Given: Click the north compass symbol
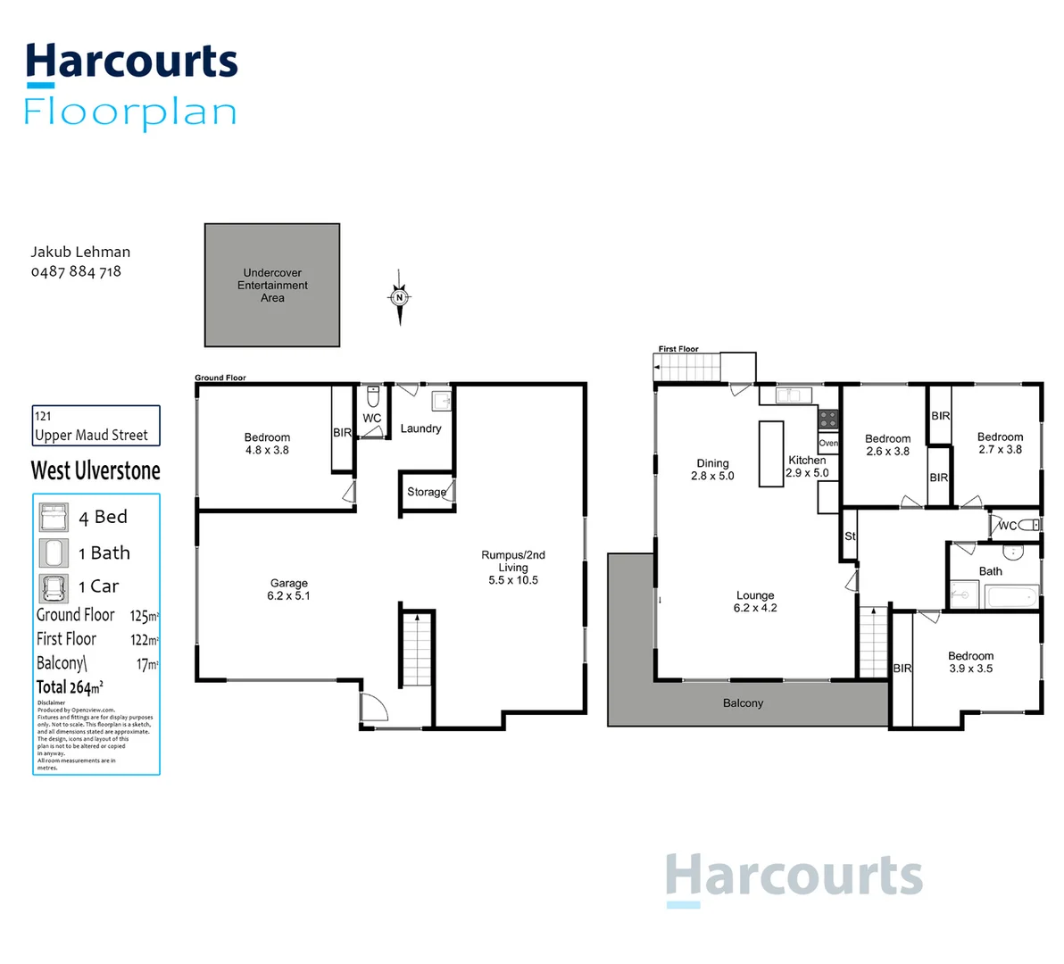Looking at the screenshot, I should [x=400, y=297].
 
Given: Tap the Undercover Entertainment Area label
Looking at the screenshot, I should [x=272, y=286].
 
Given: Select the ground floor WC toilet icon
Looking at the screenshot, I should [x=373, y=396].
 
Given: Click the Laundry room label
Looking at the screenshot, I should [x=420, y=428].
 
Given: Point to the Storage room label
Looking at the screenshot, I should [x=426, y=492].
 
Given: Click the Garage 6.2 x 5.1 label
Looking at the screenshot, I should [x=288, y=589].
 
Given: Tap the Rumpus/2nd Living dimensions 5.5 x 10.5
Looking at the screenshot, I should [x=513, y=580].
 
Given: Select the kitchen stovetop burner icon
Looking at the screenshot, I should [x=828, y=418].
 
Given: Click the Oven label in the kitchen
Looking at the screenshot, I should [x=828, y=443].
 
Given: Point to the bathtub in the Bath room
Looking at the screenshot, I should [x=1010, y=596].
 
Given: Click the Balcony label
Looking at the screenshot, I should [x=743, y=703].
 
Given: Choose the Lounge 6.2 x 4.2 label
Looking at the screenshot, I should [x=755, y=602].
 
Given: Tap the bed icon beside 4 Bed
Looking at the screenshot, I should [x=54, y=517].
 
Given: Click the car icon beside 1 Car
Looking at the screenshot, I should [x=54, y=587].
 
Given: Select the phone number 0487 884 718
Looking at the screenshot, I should [x=76, y=271].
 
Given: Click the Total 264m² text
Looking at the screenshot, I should [x=70, y=687].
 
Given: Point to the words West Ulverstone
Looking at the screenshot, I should [x=96, y=470].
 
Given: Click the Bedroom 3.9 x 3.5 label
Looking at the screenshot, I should [x=970, y=661].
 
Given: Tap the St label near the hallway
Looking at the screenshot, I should [x=850, y=536].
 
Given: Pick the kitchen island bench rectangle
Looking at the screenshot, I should [x=771, y=453].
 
